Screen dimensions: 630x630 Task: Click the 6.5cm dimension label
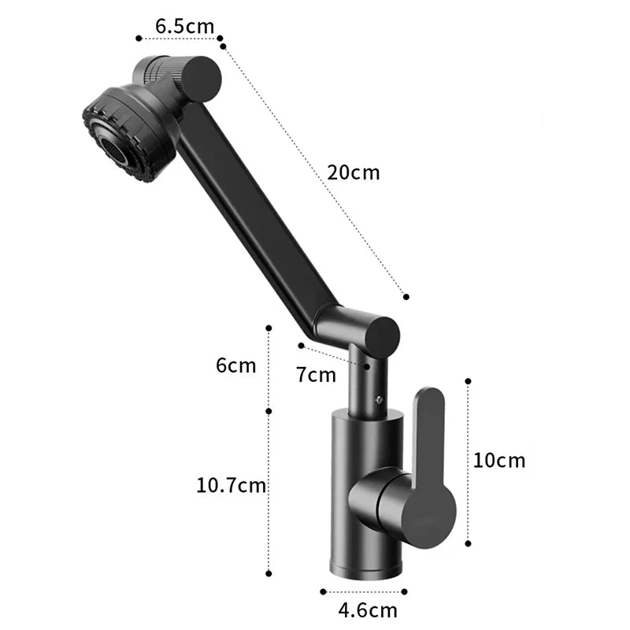pos(184,26)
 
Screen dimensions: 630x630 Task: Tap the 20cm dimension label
pos(354,172)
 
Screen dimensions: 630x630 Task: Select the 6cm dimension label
pos(236,365)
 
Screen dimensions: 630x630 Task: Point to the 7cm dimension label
pos(316,375)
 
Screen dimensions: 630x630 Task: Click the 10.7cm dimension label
pos(232,485)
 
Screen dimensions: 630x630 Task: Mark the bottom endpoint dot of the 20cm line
pos(406,297)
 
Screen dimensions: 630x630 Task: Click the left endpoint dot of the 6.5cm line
pos(139,37)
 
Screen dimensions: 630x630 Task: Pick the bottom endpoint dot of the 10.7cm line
pos(269,573)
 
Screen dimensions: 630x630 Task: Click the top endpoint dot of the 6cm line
pos(269,327)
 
